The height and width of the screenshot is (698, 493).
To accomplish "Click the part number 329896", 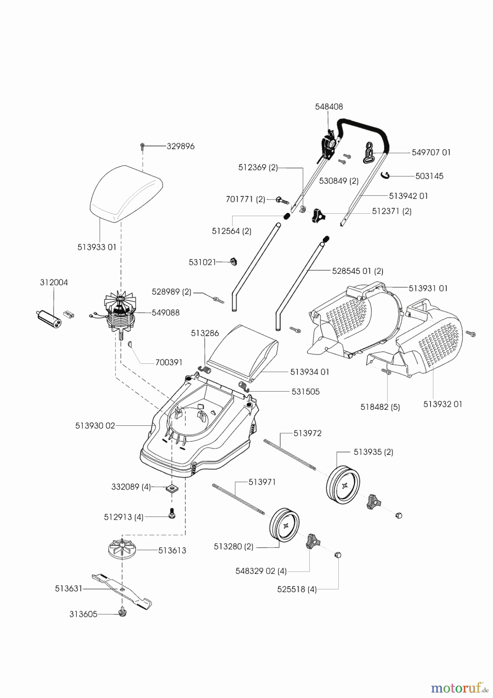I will click(x=180, y=147).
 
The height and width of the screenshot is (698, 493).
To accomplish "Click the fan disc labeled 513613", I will click(x=122, y=550).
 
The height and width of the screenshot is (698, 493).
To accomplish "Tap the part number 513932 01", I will click(x=442, y=404).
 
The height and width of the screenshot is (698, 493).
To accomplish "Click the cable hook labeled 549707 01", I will click(x=370, y=152).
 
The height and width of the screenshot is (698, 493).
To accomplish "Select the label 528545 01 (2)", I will click(x=357, y=271).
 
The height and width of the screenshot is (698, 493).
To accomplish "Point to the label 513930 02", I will click(x=95, y=426).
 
